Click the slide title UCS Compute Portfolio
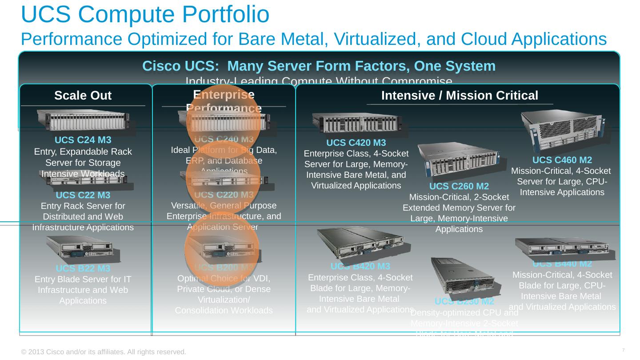click(145, 14)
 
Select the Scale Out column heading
click(83, 96)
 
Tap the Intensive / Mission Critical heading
click(460, 96)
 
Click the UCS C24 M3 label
click(83, 140)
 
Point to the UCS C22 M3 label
click(83, 195)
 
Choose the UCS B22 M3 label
click(83, 268)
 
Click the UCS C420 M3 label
click(356, 143)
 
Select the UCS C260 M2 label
click(459, 186)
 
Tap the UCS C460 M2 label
click(562, 160)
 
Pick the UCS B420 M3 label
click(360, 266)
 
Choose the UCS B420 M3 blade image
click(361, 244)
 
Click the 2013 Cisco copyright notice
click(104, 352)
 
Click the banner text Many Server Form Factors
click(319, 66)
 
